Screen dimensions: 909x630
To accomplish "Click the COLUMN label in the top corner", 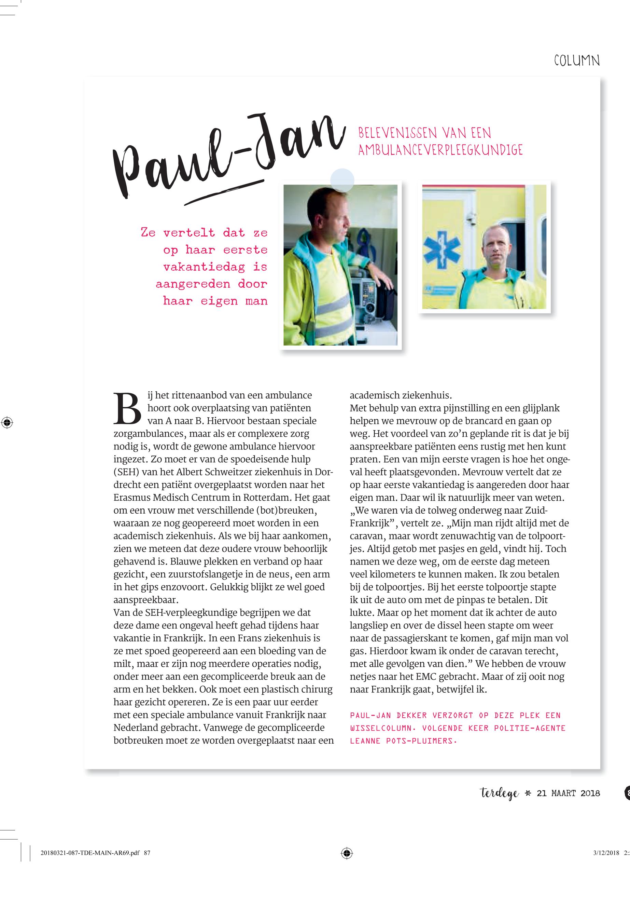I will [577, 61].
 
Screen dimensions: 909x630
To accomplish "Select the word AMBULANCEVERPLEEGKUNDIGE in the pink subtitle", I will [440, 150].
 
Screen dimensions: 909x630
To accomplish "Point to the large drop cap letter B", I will [127, 408].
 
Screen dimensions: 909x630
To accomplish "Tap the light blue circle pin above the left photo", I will [342, 180].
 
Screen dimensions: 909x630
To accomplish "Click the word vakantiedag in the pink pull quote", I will [204, 267].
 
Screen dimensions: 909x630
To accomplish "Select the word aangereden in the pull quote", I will [193, 284].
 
